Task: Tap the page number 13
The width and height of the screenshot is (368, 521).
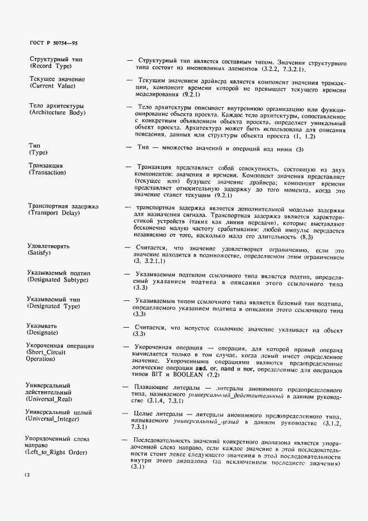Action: coord(27,475)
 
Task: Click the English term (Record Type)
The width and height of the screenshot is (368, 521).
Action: coord(50,66)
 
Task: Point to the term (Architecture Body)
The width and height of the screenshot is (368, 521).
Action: coord(57,113)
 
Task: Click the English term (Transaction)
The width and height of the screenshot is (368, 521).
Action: coord(47,173)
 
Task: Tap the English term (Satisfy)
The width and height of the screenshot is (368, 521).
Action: coord(40,253)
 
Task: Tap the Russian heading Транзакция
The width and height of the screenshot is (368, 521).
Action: coord(46,165)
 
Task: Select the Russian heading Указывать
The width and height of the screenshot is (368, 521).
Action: coord(43,325)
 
